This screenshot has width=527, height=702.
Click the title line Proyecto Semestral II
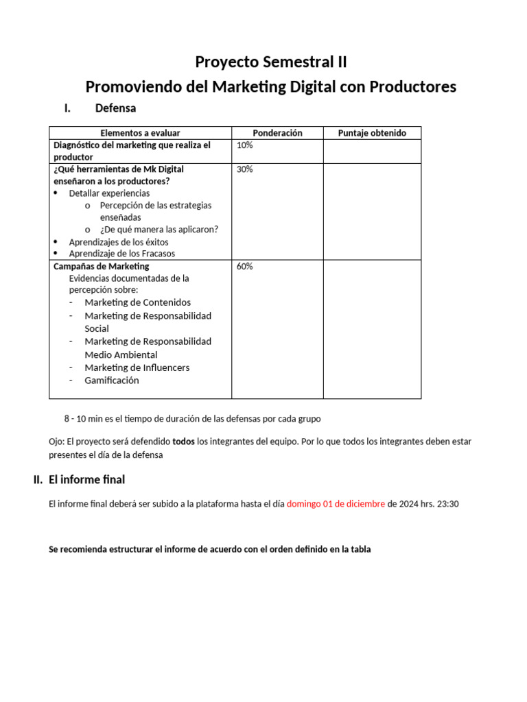tap(270, 62)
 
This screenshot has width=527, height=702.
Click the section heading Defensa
tap(115, 108)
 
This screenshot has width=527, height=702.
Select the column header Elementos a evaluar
tap(140, 133)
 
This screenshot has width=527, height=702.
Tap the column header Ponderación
tap(277, 133)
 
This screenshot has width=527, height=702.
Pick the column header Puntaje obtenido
tap(372, 133)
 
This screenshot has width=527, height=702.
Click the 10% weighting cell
tap(244, 145)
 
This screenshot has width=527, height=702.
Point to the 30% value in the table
tap(244, 169)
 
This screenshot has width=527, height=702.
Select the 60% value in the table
tap(244, 267)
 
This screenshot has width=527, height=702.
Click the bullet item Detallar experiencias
tap(109, 193)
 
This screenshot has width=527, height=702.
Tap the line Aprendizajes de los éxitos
tap(118, 242)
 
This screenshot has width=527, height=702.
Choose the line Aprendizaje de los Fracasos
tap(121, 254)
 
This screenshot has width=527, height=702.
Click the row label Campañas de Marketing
tap(101, 266)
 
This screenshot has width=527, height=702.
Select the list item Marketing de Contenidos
tap(137, 302)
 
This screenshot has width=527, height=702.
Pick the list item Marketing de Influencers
tap(137, 367)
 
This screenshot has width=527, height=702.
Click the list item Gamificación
tap(111, 380)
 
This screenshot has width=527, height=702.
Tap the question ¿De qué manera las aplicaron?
tap(159, 230)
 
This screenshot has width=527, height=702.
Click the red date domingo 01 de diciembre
tap(336, 504)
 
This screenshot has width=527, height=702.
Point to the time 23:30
tap(447, 504)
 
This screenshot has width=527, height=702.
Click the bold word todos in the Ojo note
tap(183, 441)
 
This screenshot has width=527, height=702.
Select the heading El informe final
tap(86, 480)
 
